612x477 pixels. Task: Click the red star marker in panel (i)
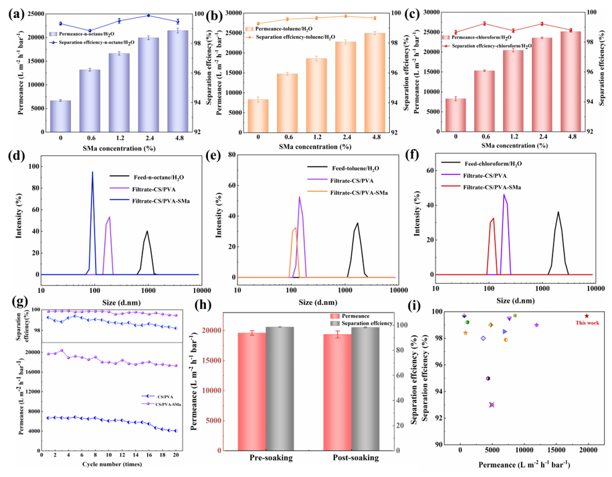click(x=587, y=316)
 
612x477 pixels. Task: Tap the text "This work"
click(x=588, y=324)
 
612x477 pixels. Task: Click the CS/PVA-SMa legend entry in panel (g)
click(x=157, y=403)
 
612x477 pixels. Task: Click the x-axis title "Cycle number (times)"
click(x=112, y=464)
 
